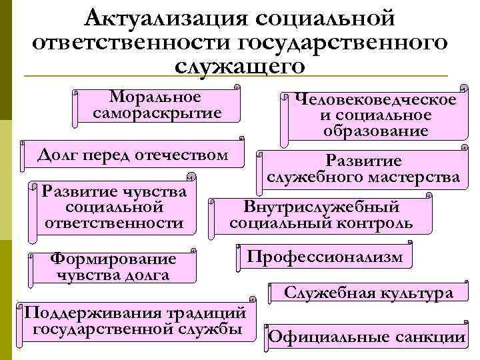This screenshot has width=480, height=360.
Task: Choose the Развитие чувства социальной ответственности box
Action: (113, 207)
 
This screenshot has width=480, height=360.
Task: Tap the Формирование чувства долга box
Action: (113, 267)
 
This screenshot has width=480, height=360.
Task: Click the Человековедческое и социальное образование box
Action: (375, 116)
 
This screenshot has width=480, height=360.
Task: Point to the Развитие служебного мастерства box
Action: (363, 169)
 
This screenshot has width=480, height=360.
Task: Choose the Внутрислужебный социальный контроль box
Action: (321, 215)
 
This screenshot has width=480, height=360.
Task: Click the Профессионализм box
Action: (325, 257)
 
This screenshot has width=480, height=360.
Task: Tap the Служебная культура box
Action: (369, 293)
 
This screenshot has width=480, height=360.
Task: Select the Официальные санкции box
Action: (366, 337)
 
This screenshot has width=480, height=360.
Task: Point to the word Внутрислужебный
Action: (321, 206)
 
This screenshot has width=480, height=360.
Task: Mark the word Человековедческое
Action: (375, 100)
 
